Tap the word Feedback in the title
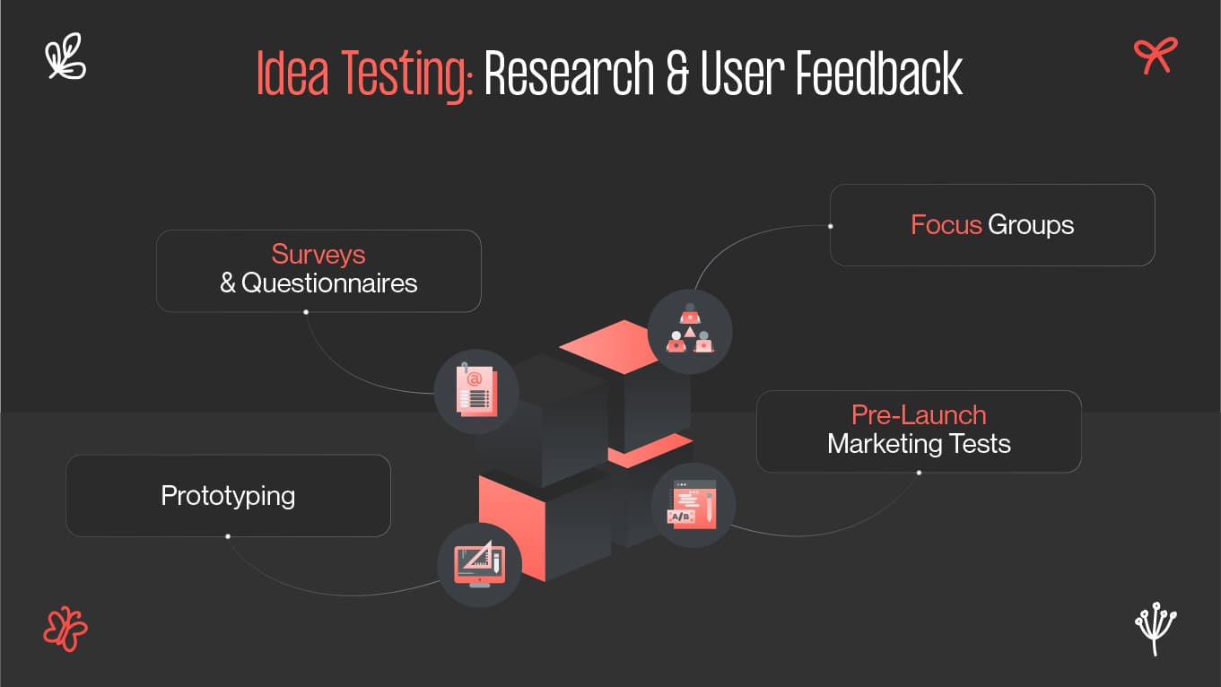coord(879,74)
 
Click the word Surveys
coord(318,255)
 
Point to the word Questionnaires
coord(329,283)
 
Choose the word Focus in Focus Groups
coord(946,224)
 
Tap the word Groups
coord(1031,224)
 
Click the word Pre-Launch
coord(919,415)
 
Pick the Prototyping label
coord(228,495)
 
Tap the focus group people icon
coord(689,331)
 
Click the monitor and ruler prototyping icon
coord(479,565)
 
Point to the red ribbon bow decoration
coord(1155,56)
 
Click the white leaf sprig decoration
coord(65,57)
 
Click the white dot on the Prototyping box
coord(228,536)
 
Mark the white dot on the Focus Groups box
coord(831,226)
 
